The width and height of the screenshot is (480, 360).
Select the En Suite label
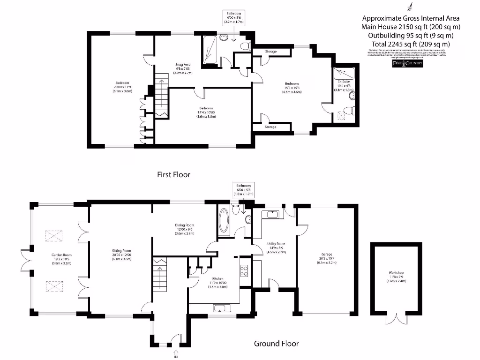point(343,82)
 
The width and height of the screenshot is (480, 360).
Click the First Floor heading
point(173,174)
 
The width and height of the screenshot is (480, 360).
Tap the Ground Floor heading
point(276,344)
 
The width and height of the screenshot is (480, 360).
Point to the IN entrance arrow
point(176,352)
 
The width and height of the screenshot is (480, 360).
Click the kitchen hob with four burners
point(244,270)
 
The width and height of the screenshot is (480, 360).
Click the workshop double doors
point(396,319)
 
